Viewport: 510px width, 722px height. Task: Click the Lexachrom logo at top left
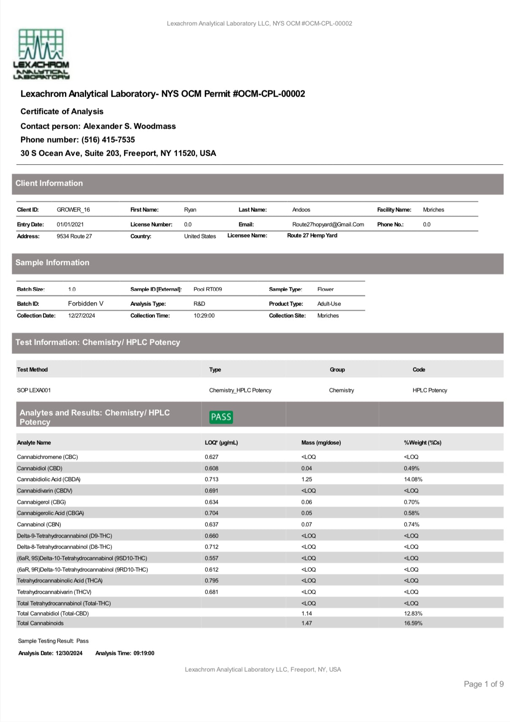41,54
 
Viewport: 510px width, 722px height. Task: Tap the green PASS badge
221,417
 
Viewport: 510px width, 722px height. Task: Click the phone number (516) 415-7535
108,140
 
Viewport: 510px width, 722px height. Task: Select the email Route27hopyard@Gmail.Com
328,224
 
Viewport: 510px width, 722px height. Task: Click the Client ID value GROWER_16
73,210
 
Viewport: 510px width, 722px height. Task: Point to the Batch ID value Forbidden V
86,303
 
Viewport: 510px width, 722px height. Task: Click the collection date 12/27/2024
81,316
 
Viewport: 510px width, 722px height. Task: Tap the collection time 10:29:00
204,316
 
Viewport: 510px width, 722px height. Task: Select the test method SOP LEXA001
34,390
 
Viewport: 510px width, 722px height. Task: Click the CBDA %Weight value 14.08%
413,479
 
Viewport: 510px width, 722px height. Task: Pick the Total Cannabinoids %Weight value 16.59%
413,623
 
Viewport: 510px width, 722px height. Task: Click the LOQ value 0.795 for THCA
212,581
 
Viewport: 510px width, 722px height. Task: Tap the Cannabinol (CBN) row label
39,525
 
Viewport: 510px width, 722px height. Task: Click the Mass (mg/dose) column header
321,443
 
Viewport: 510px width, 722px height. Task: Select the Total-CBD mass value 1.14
307,614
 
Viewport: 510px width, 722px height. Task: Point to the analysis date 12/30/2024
69,653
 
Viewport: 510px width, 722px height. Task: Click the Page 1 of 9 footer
483,684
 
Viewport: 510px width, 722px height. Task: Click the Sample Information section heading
52,262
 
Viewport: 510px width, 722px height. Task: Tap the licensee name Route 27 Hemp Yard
312,235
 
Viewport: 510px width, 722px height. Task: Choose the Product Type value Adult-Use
329,304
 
